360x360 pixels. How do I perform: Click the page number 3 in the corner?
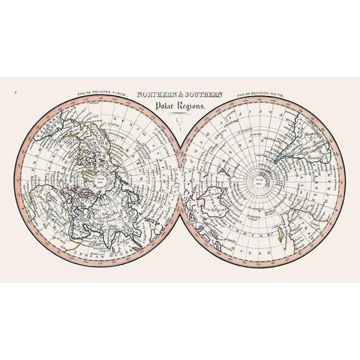tap(15, 93)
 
